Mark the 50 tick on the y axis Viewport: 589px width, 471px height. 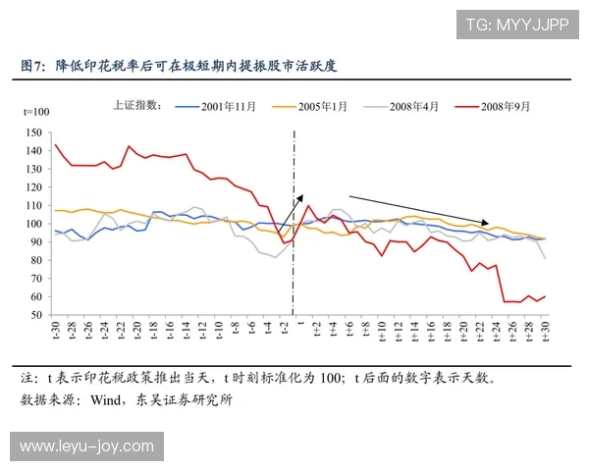(x=36, y=315)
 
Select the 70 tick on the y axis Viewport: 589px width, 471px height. (x=36, y=279)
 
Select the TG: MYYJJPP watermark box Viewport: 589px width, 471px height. (x=516, y=25)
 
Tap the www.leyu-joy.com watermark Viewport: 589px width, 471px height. (x=86, y=446)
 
